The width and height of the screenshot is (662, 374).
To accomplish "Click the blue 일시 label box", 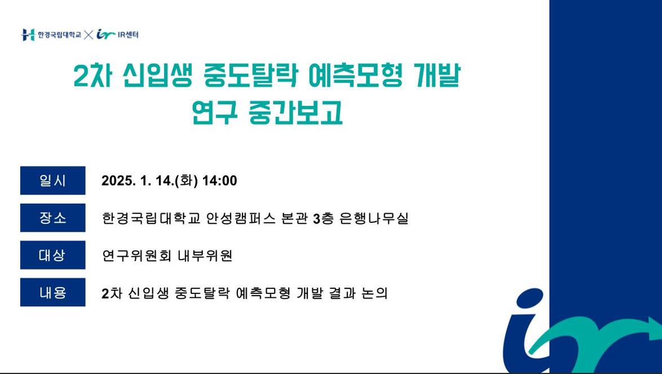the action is (53, 181).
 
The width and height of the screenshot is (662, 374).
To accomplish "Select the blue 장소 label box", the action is (53, 218).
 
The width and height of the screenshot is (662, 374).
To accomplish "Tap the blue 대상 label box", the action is (53, 255).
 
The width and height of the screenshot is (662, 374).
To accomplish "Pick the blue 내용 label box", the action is (53, 292).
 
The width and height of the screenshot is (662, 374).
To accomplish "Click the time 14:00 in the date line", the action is (219, 181).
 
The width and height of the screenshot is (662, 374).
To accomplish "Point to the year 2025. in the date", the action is (118, 181).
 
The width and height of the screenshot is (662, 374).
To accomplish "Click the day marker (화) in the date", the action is (186, 181).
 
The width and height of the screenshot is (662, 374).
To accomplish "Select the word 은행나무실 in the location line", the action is (374, 218).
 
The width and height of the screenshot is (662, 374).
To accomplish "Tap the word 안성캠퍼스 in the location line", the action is (241, 218).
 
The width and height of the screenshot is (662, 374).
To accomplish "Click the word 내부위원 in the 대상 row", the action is (205, 256).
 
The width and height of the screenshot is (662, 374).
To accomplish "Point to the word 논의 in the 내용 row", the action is (374, 293).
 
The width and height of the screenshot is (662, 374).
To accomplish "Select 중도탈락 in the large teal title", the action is (251, 76).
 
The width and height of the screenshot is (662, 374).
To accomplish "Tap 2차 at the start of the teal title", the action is (92, 76).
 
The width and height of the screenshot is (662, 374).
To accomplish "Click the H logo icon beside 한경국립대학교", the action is (28, 34).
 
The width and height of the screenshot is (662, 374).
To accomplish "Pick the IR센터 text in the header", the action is (128, 34).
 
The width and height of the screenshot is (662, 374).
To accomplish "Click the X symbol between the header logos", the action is (88, 34).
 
